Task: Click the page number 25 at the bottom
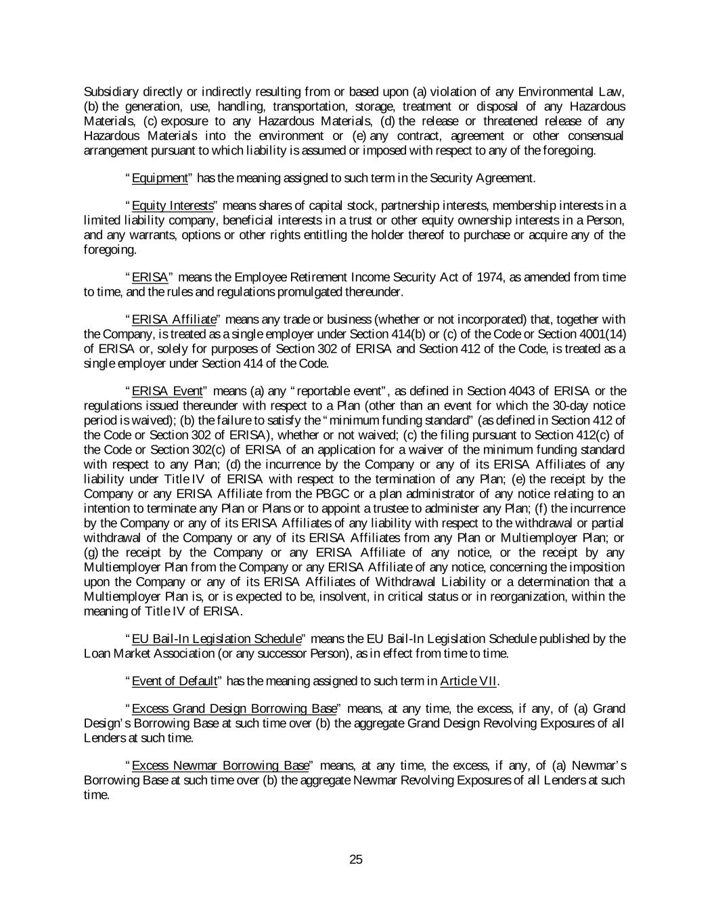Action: tap(356, 860)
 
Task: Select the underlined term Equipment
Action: tap(159, 178)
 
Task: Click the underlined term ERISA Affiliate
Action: tap(174, 319)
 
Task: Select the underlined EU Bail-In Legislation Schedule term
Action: tap(216, 638)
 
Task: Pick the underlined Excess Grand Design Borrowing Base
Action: tap(233, 709)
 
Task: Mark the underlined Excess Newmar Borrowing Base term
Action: tap(220, 766)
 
